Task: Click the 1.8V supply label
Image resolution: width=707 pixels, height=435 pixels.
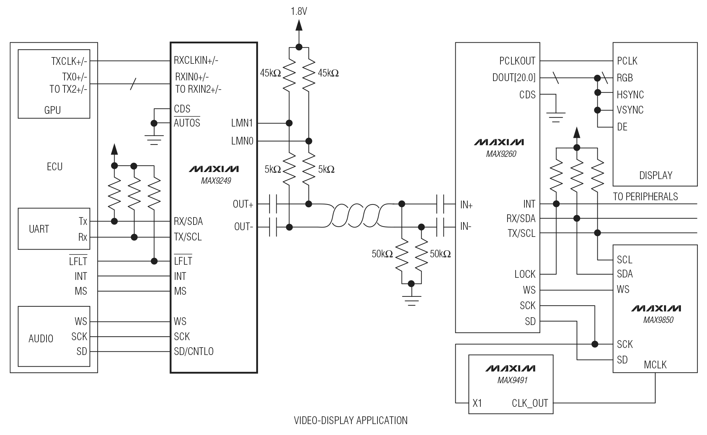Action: [299, 12]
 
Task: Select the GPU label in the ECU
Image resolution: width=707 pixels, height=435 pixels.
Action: [53, 110]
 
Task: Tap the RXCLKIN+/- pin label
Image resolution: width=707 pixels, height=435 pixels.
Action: [196, 60]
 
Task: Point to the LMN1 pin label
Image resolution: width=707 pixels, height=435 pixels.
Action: [242, 123]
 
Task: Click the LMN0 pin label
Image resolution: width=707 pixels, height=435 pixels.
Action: [242, 141]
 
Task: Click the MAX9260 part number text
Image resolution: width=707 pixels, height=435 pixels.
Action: [501, 154]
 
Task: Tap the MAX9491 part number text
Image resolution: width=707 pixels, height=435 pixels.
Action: [512, 380]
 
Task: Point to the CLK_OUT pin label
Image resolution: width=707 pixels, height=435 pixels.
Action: [530, 403]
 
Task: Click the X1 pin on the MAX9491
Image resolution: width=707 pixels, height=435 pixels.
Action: [477, 403]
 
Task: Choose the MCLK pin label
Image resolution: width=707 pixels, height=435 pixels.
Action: [655, 364]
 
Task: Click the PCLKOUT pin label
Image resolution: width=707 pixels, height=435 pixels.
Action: [517, 61]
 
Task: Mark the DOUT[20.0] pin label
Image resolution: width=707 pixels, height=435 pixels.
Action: [514, 78]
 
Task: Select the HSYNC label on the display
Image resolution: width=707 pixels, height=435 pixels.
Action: [630, 95]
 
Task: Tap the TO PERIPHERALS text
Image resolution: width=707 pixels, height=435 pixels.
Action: [645, 196]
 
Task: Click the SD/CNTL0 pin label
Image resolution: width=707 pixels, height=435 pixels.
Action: [193, 351]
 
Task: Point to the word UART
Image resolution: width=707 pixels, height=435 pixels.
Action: [39, 229]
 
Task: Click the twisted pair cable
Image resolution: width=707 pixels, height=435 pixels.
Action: [356, 215]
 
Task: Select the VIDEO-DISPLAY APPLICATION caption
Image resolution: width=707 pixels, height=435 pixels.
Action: [351, 420]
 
